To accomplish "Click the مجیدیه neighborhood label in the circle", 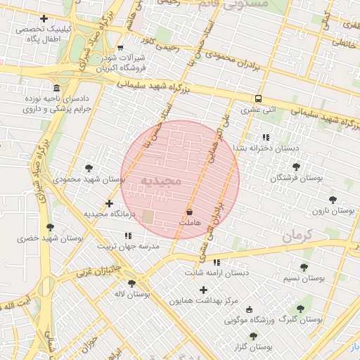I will point(162,181).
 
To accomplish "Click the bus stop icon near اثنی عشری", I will point(258,98).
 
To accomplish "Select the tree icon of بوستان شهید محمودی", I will point(89,168).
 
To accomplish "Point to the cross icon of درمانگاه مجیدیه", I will point(108,203).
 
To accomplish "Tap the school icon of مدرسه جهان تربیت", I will point(127,236).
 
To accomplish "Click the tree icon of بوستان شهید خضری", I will point(49,227).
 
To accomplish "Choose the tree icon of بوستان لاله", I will point(131,283).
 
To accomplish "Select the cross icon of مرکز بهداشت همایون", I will point(204,290).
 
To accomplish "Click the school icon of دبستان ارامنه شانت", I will point(216,262).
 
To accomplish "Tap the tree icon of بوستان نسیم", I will point(304,267).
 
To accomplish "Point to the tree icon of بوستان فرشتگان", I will point(295,167).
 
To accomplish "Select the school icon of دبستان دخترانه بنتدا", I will point(265,137).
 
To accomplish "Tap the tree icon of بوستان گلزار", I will point(253,336).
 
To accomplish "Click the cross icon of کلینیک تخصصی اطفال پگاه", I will point(44,18).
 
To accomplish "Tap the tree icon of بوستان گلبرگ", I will point(300,308).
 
